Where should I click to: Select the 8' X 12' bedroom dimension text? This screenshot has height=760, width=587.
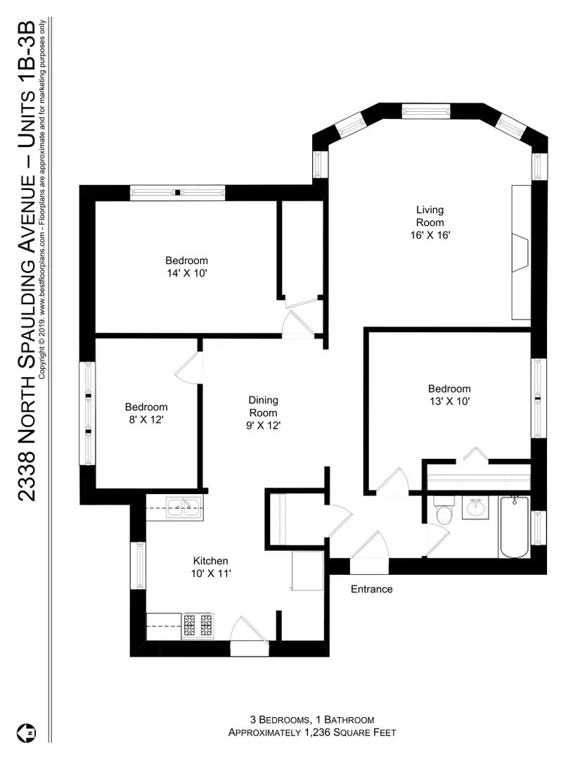[x=146, y=419]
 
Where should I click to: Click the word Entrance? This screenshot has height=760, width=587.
[x=371, y=589]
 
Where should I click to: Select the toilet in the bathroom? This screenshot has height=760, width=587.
[x=443, y=513]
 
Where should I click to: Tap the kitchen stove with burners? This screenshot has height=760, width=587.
[x=198, y=626]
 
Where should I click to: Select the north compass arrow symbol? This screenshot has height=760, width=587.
[x=30, y=733]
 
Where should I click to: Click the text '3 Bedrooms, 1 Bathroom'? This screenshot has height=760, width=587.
[x=311, y=720]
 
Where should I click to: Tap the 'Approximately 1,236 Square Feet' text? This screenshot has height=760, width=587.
[x=311, y=733]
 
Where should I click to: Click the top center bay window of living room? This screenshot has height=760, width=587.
[x=425, y=111]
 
